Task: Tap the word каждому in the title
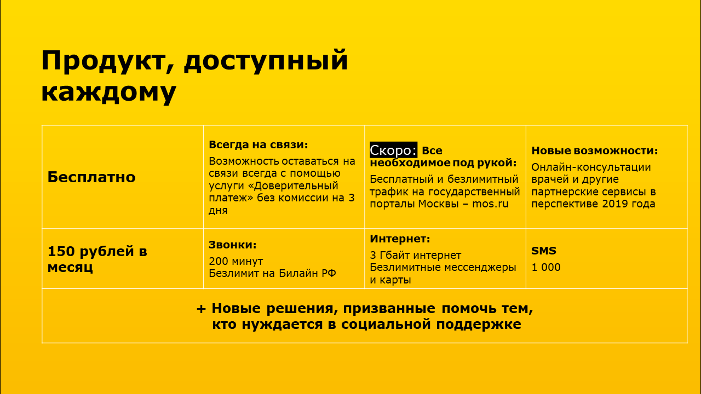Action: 109,92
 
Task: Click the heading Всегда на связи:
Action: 258,144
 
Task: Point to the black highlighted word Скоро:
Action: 393,150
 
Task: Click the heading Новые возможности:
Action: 595,150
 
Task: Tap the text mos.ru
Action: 490,204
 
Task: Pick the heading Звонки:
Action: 233,245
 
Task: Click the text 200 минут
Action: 236,261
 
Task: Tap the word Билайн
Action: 297,273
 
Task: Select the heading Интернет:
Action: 400,239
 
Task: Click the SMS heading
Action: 544,251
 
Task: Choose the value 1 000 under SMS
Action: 546,268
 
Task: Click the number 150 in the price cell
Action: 61,251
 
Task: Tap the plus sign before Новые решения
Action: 201,309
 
